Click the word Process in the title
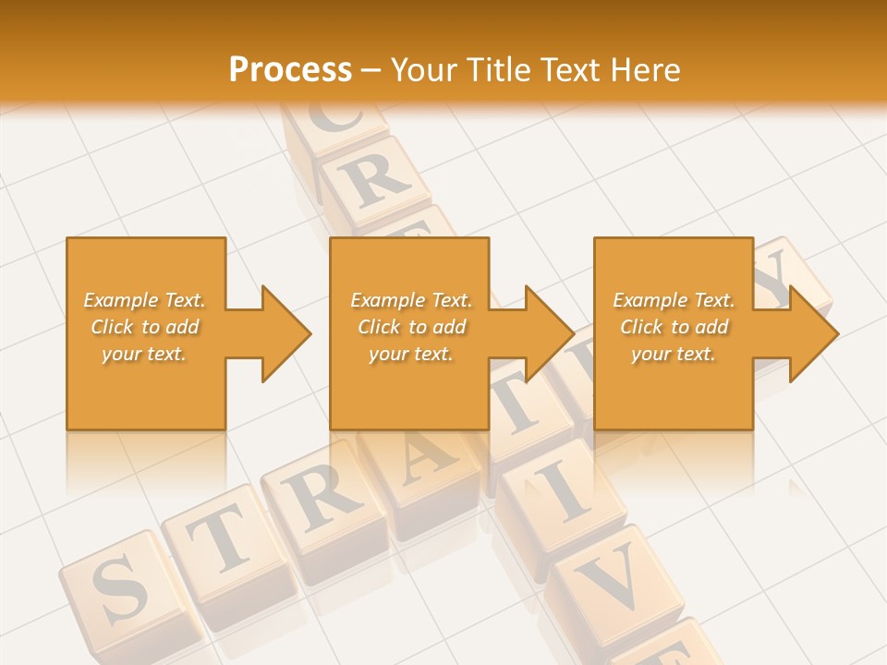[290, 69]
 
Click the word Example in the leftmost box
[120, 300]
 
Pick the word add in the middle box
[448, 327]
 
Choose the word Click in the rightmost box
[641, 327]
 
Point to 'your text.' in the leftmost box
[143, 354]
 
